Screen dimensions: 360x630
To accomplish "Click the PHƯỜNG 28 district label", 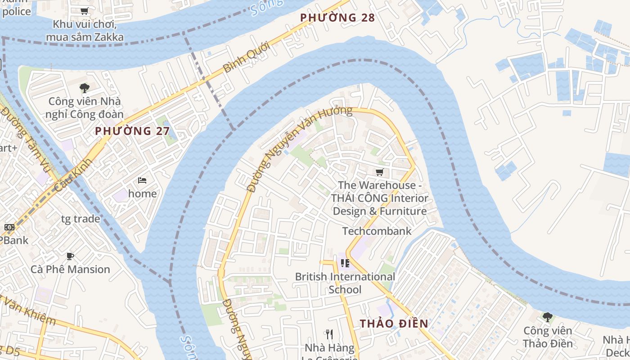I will tap(337, 18).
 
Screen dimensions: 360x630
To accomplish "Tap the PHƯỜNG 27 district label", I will tap(132, 131).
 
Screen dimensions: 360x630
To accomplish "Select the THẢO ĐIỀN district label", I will tap(394, 324).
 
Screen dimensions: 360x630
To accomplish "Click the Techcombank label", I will tap(377, 231).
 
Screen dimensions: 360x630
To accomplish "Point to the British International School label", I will tap(345, 283).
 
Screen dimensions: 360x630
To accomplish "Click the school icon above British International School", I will tap(345, 263).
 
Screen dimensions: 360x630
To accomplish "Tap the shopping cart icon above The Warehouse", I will tap(379, 172).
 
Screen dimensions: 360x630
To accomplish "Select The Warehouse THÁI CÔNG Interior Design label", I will tap(379, 198).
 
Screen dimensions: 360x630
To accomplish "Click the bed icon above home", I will tap(142, 180).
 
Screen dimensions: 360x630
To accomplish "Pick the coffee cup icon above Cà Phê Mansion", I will tap(70, 256).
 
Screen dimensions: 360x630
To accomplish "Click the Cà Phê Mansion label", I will tap(70, 269).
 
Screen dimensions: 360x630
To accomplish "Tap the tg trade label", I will tap(81, 219).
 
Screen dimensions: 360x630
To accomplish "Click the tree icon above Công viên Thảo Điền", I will tap(547, 317).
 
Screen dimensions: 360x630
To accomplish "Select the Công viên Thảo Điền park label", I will tap(548, 337).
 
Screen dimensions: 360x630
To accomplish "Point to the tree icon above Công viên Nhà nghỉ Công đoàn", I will tap(84, 88).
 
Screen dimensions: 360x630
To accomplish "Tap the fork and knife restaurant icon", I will tap(329, 334).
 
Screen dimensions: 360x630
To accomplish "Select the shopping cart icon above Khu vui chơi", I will tap(84, 11).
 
